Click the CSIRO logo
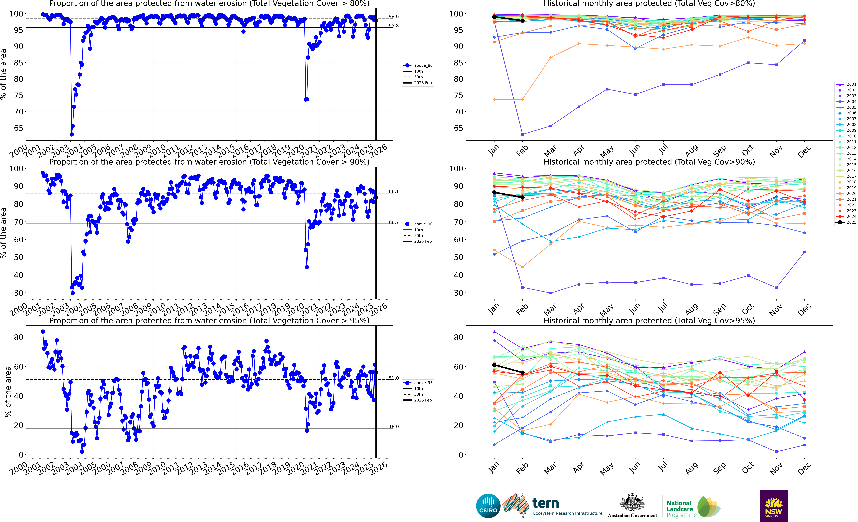pyautogui.click(x=488, y=506)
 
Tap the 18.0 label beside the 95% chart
pyautogui.click(x=394, y=427)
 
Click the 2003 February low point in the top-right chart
pyautogui.click(x=522, y=134)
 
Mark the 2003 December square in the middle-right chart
pyautogui.click(x=804, y=252)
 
